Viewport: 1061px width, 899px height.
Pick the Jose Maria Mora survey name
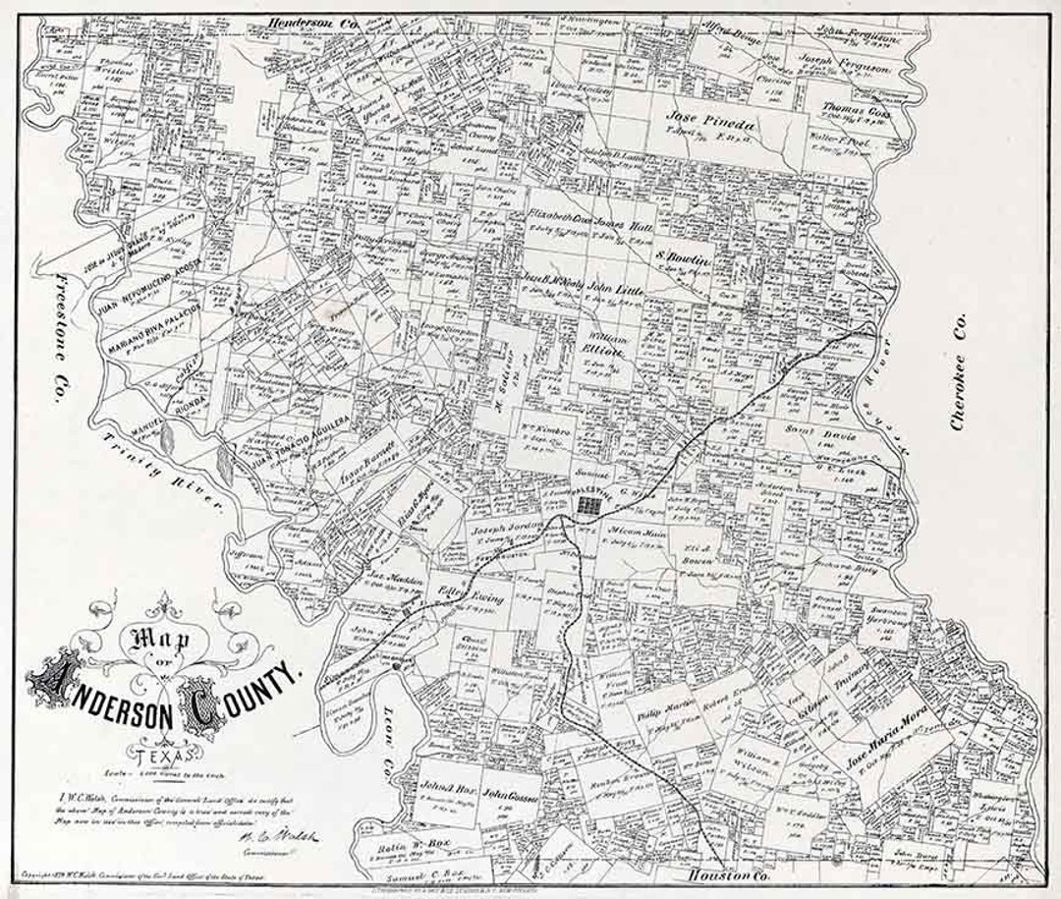click(884, 752)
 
